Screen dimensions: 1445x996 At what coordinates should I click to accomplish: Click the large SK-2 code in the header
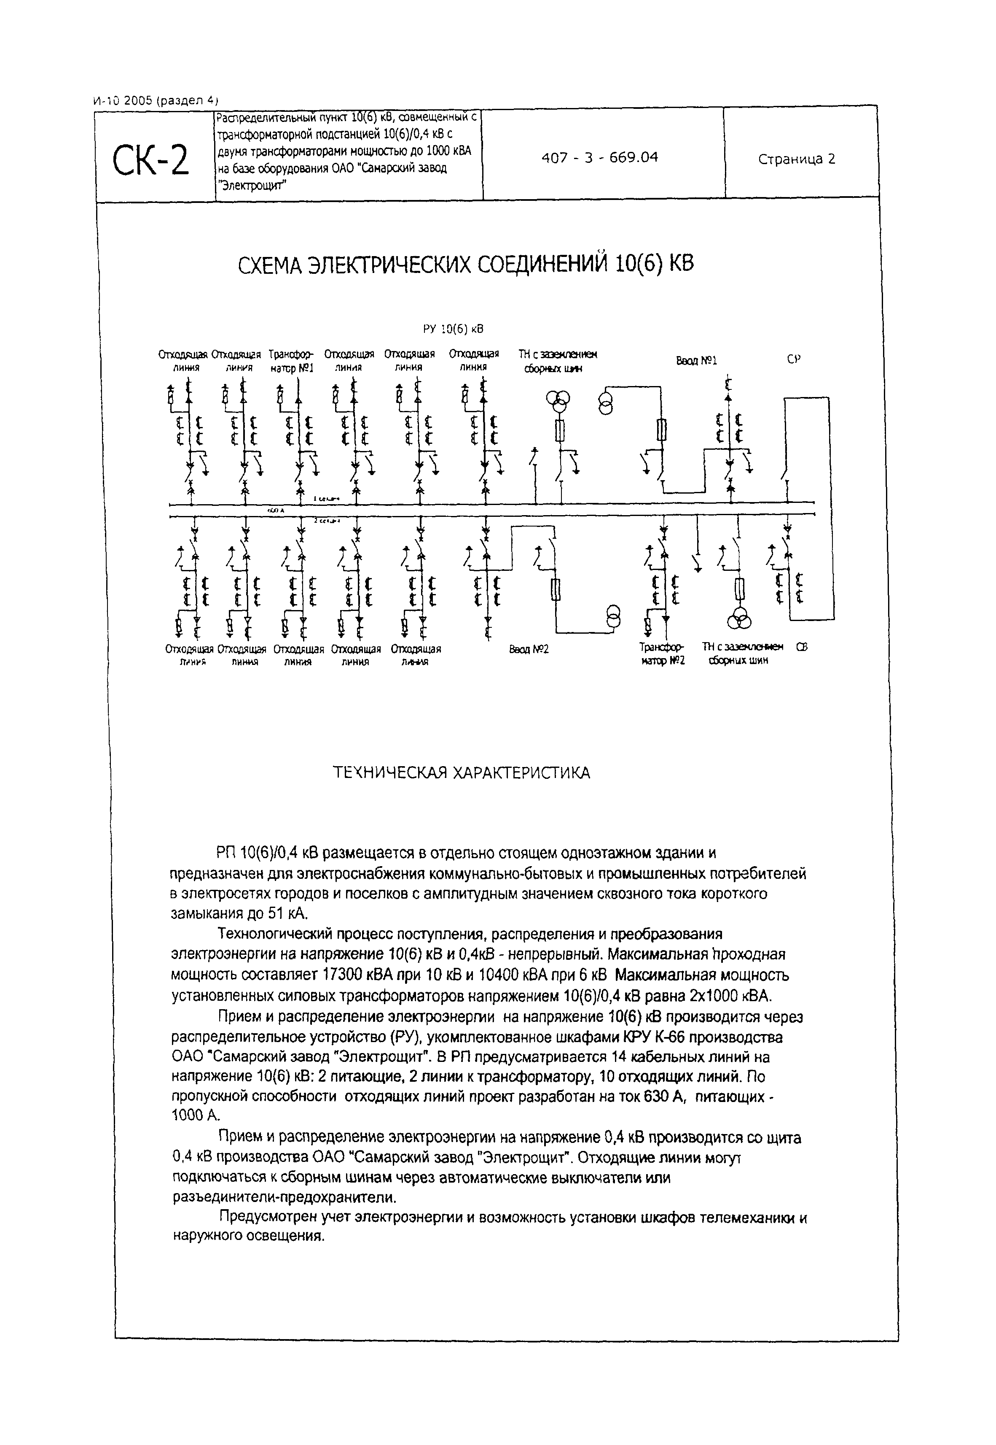[150, 160]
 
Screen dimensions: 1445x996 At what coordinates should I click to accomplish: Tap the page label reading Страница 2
[796, 159]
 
